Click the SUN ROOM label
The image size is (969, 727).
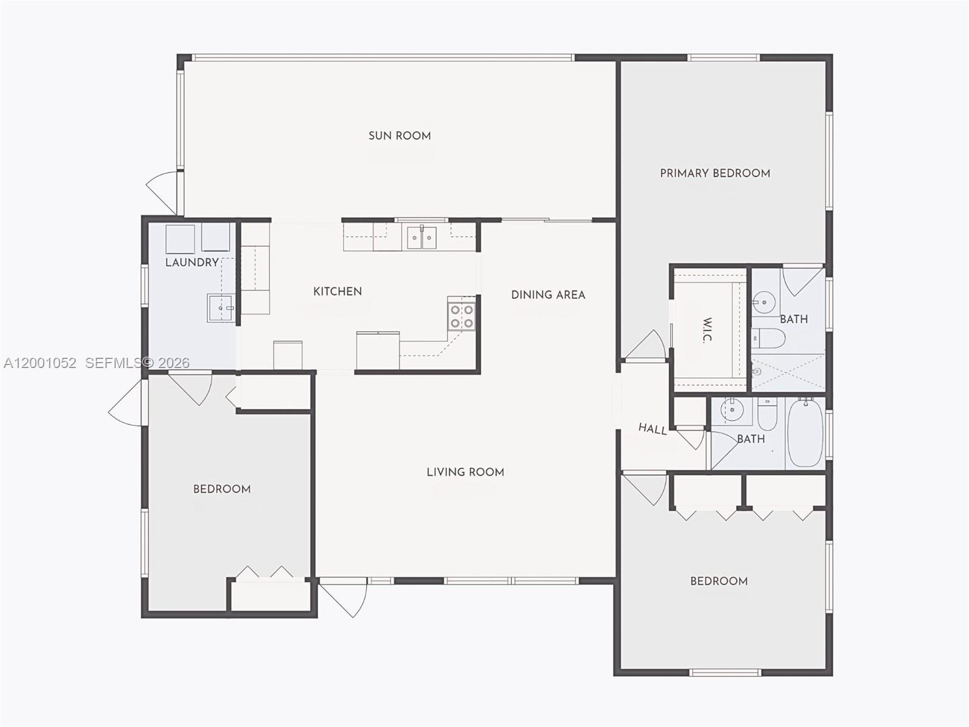point(399,136)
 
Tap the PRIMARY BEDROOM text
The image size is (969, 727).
point(715,173)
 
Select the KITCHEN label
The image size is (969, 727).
point(338,292)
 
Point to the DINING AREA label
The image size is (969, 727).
point(548,295)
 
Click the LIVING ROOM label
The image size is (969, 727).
point(465,472)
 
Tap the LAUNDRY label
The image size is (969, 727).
point(191,263)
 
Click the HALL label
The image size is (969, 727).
point(653,429)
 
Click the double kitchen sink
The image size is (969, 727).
point(421,238)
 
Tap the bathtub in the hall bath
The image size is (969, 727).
point(806,432)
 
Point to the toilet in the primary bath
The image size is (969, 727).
point(768,338)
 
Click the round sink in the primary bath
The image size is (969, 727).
point(764,301)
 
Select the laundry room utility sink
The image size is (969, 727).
point(221,307)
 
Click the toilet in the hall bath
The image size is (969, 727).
point(767,414)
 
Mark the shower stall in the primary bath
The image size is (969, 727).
point(788,372)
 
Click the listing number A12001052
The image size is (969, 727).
point(40,363)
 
